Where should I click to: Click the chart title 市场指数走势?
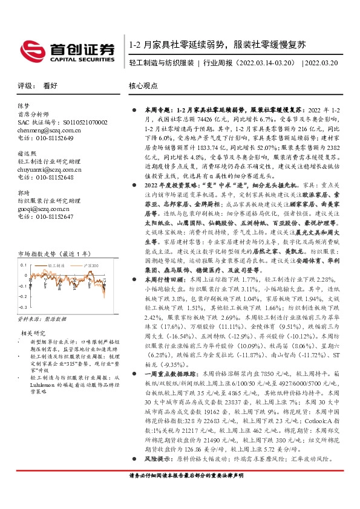point(41,237)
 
